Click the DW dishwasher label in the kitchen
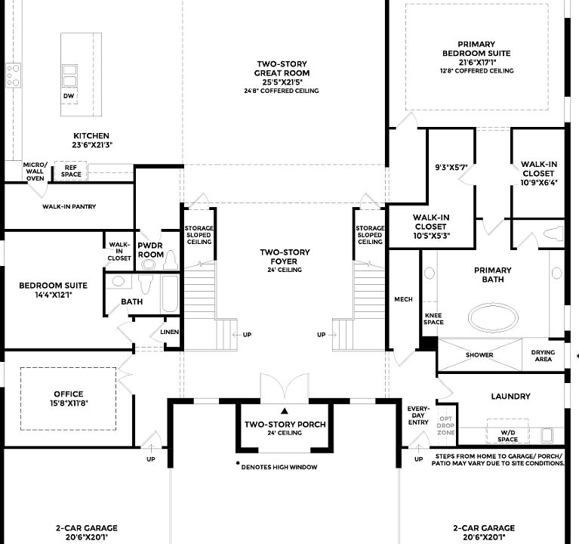point(69,97)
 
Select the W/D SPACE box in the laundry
point(507,437)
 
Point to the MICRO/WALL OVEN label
point(35,172)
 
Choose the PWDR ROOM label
point(151,250)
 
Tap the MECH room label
point(403,300)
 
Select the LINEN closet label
point(168,332)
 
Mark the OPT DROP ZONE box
point(446,426)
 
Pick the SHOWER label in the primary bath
point(479,355)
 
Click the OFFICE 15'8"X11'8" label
point(68,398)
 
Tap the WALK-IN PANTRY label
point(69,206)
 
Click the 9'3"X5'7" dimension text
point(452,168)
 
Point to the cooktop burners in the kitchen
point(13,75)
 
